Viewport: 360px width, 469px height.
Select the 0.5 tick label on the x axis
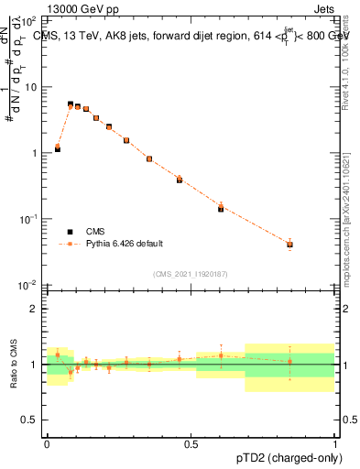[191, 443]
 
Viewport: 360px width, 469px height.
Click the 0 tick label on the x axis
[47, 443]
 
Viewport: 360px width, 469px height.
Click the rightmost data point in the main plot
[289, 245]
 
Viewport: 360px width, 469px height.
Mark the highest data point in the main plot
[71, 105]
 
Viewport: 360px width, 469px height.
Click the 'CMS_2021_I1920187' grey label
[191, 274]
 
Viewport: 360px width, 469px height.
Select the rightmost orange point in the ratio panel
[289, 361]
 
